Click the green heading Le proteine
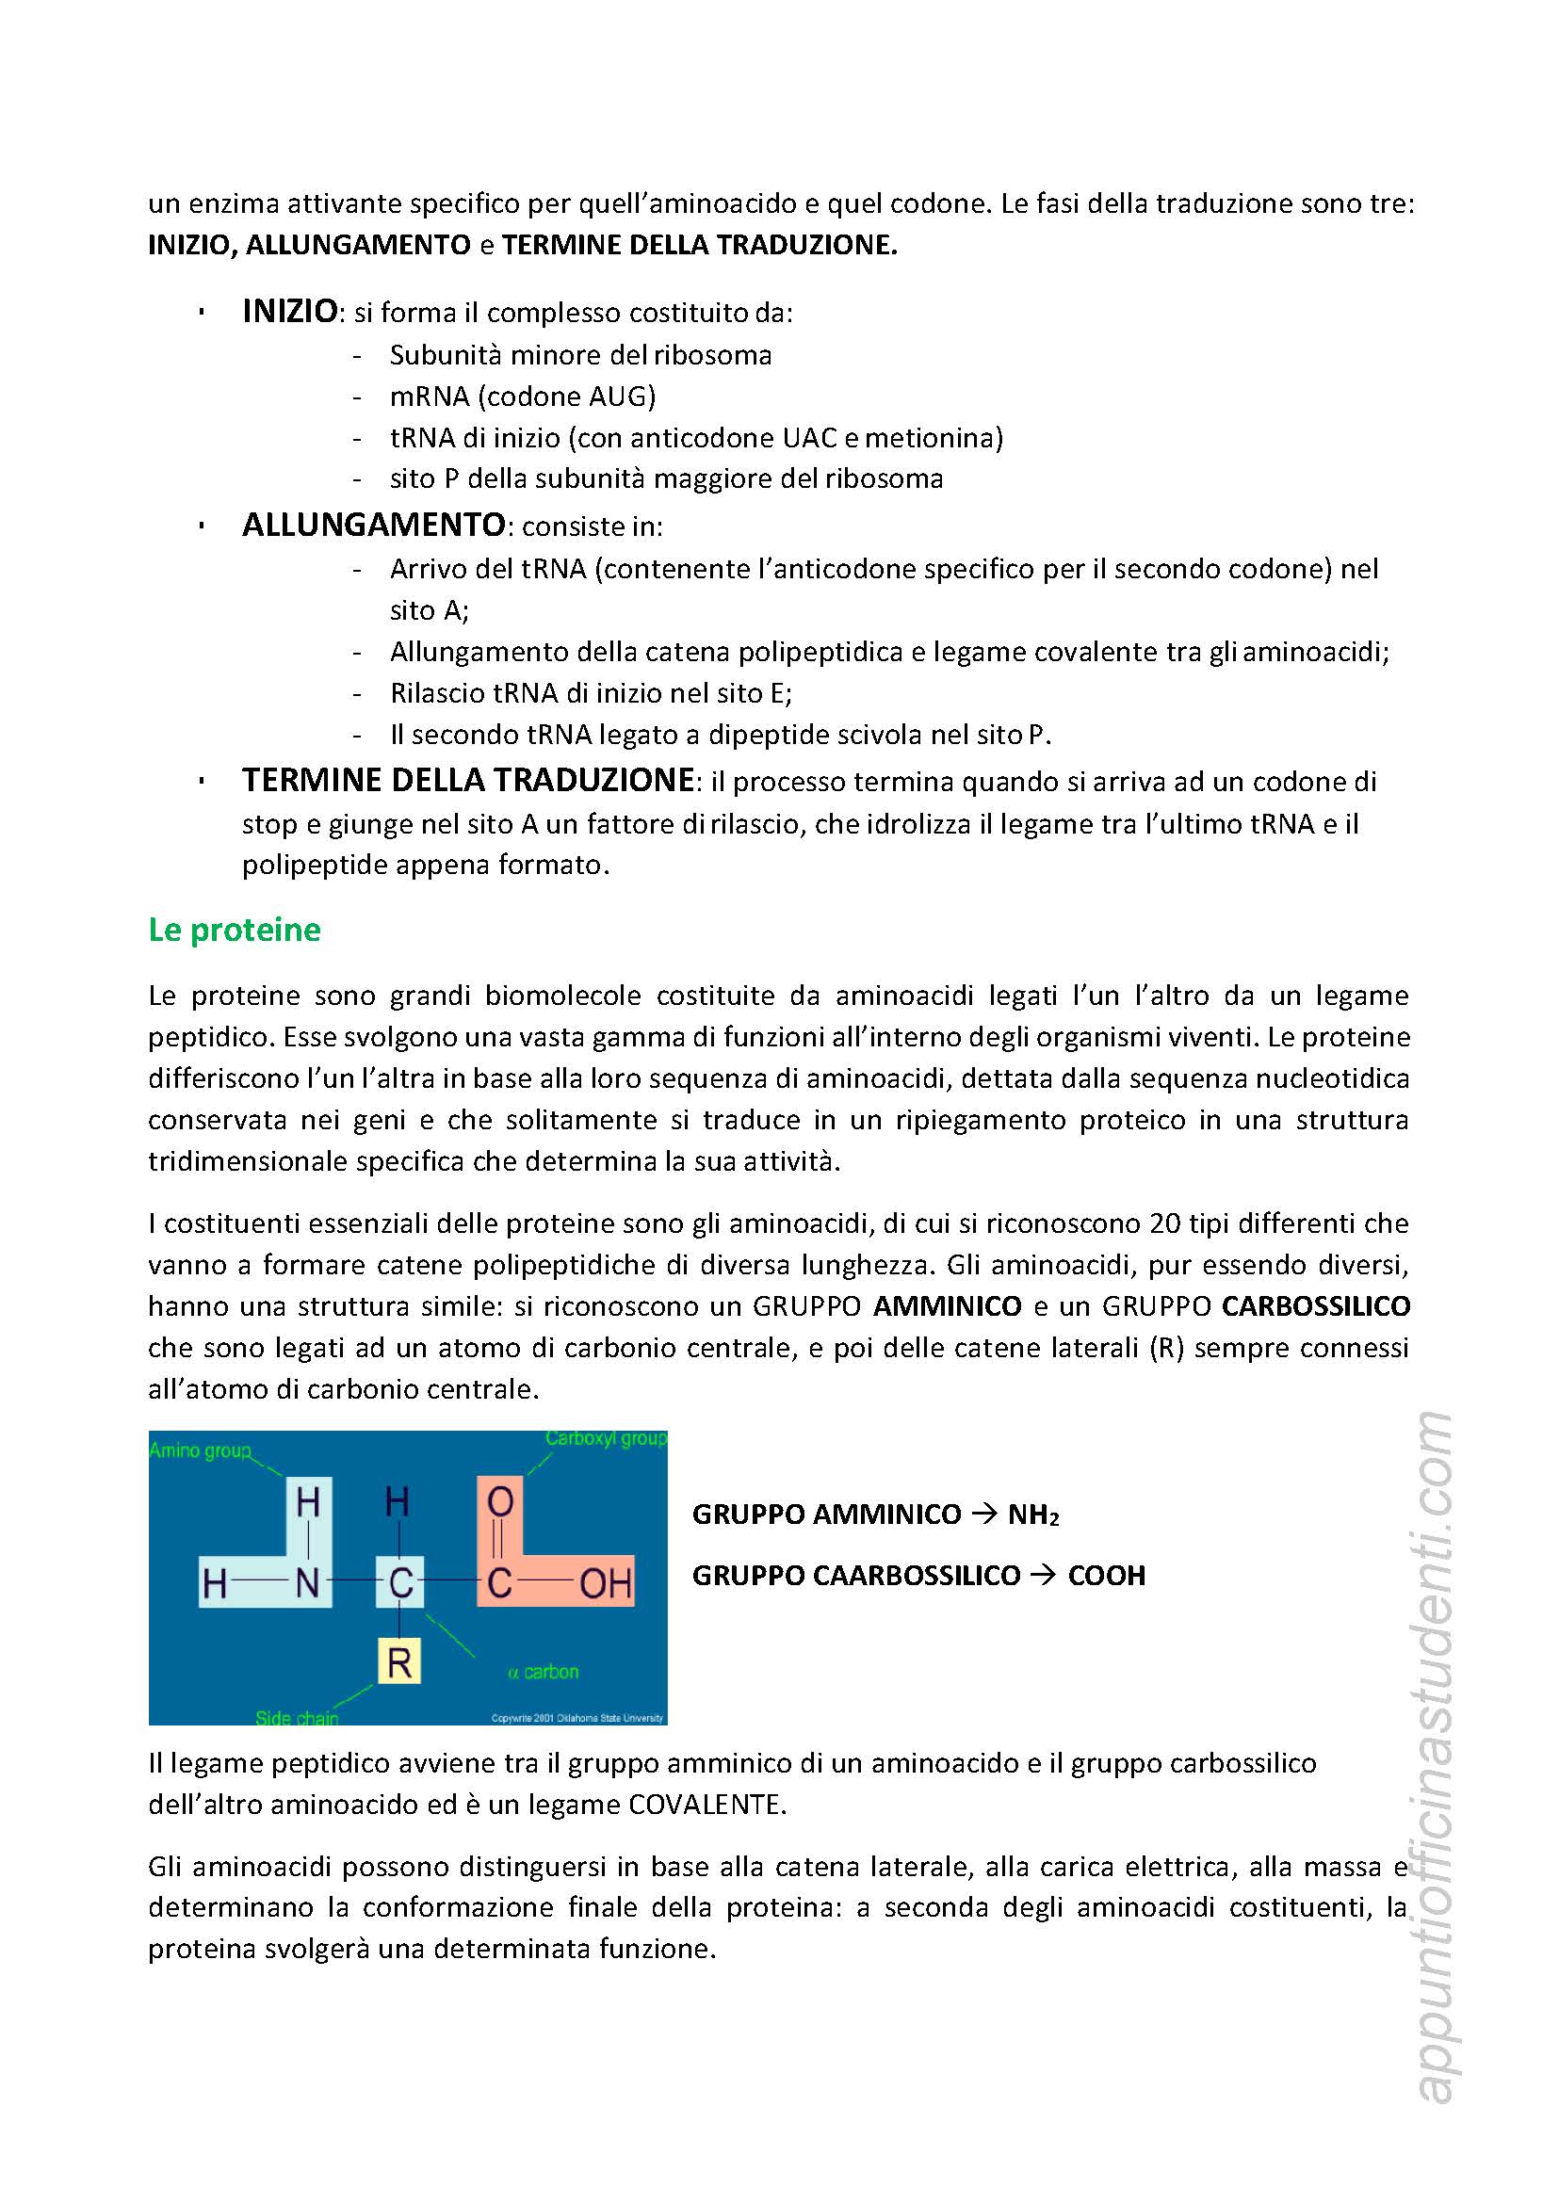pyautogui.click(x=235, y=931)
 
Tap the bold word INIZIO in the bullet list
pyautogui.click(x=290, y=312)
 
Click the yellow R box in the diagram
pyautogui.click(x=399, y=1661)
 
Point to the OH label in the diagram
pyautogui.click(x=606, y=1583)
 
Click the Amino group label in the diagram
pyautogui.click(x=200, y=1450)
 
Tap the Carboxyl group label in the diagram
pyautogui.click(x=606, y=1439)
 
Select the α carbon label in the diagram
pyautogui.click(x=544, y=1671)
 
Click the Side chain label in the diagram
pyautogui.click(x=297, y=1717)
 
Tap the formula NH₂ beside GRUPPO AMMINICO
pyautogui.click(x=1033, y=1515)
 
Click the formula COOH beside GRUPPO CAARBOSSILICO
pyautogui.click(x=1106, y=1575)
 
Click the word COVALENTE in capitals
pyautogui.click(x=706, y=1805)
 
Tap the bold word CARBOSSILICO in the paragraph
pyautogui.click(x=1316, y=1306)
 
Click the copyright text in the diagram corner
pyautogui.click(x=577, y=1718)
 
